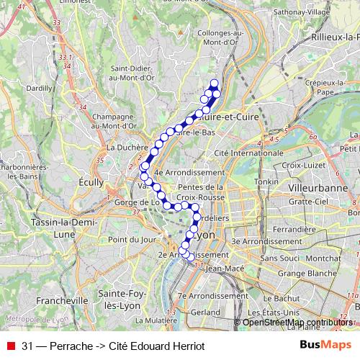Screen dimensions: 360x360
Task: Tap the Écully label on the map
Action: [91, 182]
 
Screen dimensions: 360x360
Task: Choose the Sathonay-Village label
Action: [295, 12]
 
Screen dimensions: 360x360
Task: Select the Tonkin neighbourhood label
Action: [266, 182]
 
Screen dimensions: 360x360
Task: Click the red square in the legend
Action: [10, 346]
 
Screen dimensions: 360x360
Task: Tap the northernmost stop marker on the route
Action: [214, 83]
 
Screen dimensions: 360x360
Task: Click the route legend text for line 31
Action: [113, 346]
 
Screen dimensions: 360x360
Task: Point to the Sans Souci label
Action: [279, 257]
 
